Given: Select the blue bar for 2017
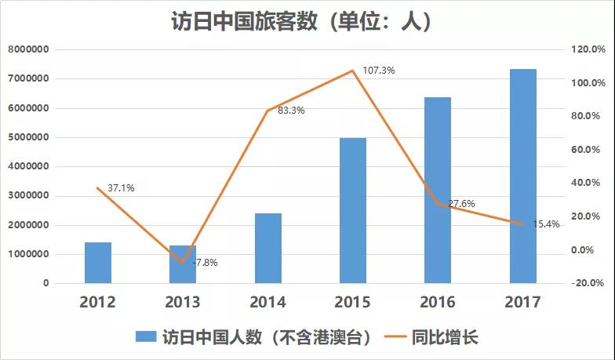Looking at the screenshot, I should point(522,176).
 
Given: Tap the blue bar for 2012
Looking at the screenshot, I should point(98,263).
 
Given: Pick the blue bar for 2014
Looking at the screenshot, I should point(268,248).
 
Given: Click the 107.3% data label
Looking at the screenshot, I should point(379,71).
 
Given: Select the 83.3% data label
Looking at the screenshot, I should point(291,111).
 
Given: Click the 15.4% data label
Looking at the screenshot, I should point(546,224).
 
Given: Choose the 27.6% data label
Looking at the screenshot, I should point(461,204).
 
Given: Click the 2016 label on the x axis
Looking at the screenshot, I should point(438,302).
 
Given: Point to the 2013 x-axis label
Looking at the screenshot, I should point(183,302).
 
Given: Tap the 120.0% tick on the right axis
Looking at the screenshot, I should point(588,49).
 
